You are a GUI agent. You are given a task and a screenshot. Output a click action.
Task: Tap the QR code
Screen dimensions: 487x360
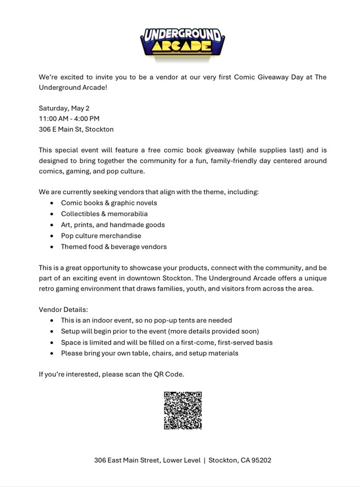[183, 410]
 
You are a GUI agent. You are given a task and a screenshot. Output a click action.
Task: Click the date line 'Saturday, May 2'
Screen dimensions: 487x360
[64, 108]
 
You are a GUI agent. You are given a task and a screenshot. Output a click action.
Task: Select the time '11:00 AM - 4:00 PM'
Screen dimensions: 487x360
[69, 119]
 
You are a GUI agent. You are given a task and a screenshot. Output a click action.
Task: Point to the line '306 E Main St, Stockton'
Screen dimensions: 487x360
[76, 129]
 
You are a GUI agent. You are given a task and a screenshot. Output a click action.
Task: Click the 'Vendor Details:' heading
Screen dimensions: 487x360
[63, 309]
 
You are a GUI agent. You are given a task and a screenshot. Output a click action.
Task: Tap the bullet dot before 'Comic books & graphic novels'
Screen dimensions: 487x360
[52, 203]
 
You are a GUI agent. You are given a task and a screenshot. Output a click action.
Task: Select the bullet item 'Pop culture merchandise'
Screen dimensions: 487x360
[101, 236]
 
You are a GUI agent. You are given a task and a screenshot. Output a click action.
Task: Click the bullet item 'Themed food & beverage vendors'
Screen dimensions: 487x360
[114, 247]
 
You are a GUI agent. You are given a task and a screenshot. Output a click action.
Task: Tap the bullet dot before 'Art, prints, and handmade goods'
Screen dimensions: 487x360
[52, 225]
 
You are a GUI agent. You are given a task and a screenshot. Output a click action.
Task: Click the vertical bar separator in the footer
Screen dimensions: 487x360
[205, 461]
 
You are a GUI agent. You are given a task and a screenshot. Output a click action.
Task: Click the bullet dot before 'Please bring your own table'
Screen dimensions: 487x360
[52, 354]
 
